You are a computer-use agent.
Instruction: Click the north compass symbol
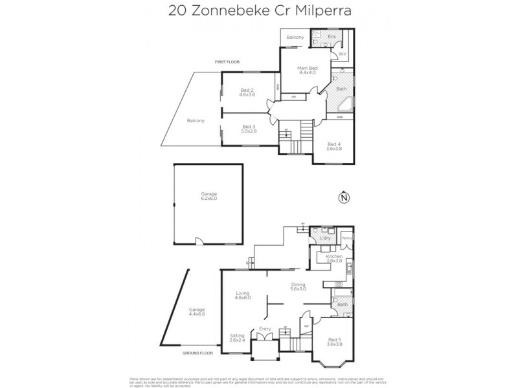343,197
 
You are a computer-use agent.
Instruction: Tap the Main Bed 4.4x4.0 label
307,70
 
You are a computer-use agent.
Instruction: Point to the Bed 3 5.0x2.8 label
248,129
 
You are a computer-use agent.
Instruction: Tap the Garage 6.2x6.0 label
208,196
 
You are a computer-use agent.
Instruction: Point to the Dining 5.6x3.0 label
298,286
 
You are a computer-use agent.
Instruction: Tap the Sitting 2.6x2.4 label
238,338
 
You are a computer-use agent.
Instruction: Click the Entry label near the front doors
265,329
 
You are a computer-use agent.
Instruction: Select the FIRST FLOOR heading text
227,61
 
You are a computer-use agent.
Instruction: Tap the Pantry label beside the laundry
346,239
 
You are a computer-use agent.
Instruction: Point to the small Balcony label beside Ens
295,38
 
